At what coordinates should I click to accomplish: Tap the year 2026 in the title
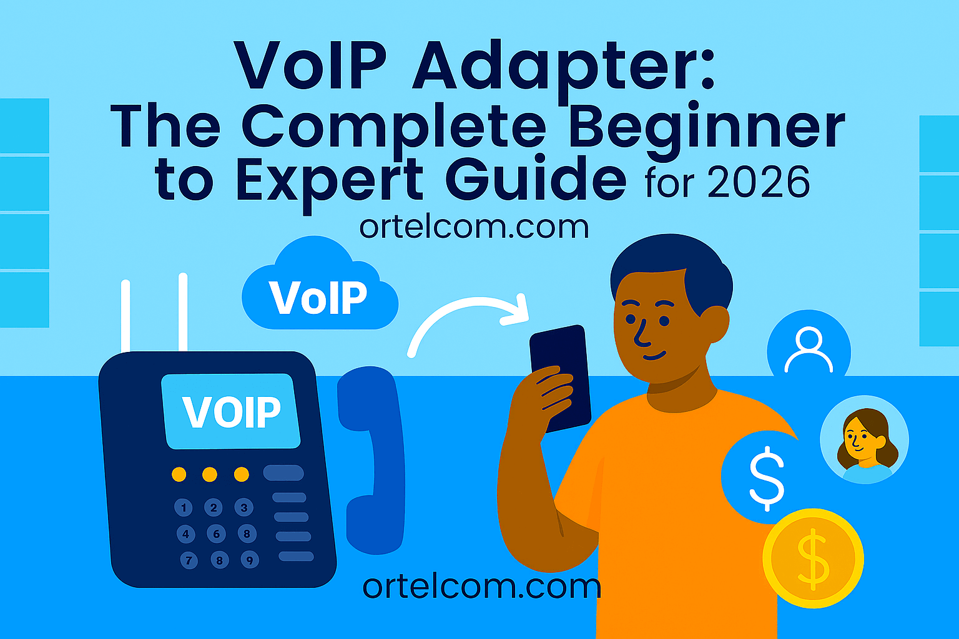pyautogui.click(x=758, y=183)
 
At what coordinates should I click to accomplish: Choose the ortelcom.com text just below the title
pyautogui.click(x=474, y=227)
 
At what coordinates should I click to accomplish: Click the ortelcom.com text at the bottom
pyautogui.click(x=481, y=586)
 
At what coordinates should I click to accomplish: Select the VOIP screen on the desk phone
pyautogui.click(x=231, y=411)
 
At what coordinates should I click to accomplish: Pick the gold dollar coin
pyautogui.click(x=813, y=558)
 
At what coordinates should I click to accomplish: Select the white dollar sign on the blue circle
pyautogui.click(x=766, y=477)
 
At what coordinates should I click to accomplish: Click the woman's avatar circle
pyautogui.click(x=864, y=439)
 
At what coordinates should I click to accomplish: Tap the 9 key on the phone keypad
pyautogui.click(x=249, y=560)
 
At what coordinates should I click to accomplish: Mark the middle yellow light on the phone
pyautogui.click(x=210, y=474)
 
